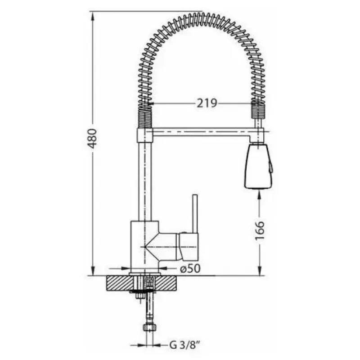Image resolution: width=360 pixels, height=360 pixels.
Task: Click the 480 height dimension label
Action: click(93, 139)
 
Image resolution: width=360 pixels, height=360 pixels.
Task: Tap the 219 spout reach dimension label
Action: click(207, 103)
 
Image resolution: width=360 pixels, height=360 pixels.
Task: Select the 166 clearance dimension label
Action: click(260, 230)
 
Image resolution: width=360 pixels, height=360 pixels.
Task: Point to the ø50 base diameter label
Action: click(190, 268)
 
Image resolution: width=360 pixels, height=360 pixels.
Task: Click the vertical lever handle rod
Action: click(195, 214)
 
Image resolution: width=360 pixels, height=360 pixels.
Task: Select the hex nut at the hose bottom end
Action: click(149, 327)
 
